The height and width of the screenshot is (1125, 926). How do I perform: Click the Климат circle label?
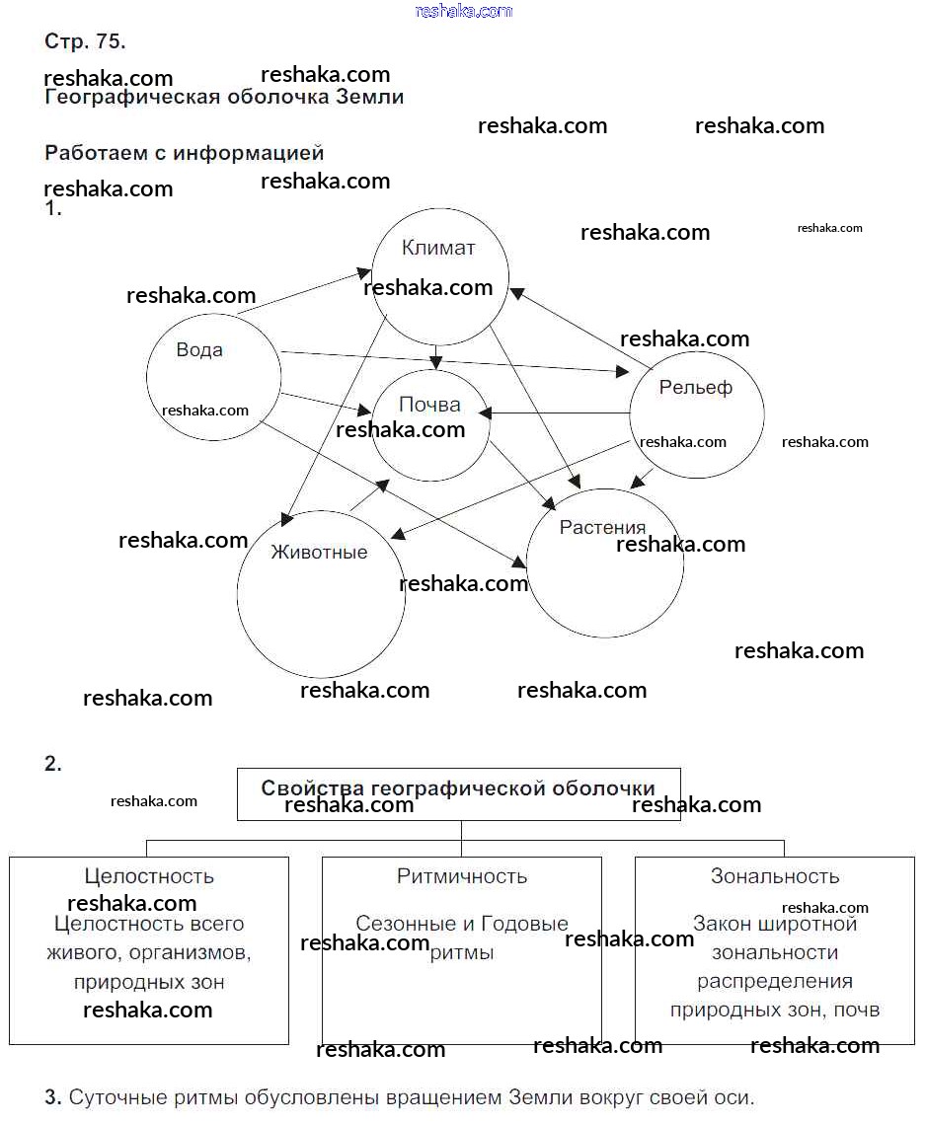[438, 248]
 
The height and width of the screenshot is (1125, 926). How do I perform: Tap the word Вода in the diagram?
[199, 349]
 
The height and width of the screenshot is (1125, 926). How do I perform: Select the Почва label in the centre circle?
[429, 405]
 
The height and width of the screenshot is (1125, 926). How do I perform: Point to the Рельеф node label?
[695, 388]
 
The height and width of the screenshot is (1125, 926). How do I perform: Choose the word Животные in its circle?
[319, 552]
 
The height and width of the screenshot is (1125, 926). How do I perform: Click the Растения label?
[602, 527]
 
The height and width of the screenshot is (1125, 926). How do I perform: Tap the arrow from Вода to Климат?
[301, 292]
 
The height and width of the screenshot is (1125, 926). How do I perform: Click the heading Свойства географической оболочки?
[458, 788]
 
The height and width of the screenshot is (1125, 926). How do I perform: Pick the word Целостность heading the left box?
[149, 875]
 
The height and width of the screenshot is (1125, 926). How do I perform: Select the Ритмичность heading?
[462, 875]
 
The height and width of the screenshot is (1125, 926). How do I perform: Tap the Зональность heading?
[775, 875]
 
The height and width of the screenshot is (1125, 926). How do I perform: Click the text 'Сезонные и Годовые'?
[462, 924]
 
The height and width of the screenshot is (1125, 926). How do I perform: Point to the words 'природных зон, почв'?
[775, 1010]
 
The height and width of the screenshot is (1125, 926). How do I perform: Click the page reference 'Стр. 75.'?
[85, 41]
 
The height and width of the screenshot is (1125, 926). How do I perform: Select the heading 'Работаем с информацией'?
[185, 153]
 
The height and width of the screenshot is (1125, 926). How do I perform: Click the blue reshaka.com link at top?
[464, 11]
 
